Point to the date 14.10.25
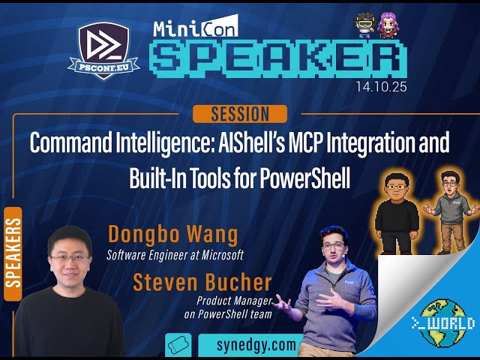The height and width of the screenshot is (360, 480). [x=381, y=87]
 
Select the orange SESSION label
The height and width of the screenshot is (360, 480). [x=240, y=114]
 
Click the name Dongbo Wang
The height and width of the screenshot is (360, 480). [x=172, y=234]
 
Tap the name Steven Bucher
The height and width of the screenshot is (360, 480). [x=202, y=283]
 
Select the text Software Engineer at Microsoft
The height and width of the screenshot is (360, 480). [x=175, y=255]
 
